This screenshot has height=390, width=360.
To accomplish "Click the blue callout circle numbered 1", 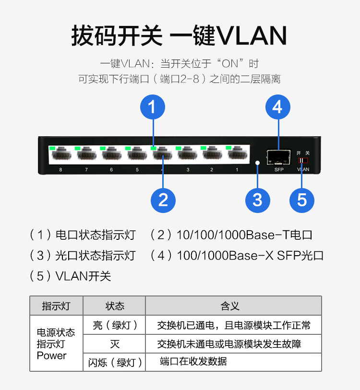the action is [x=153, y=107].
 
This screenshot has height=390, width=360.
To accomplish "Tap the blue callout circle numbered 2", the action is [x=163, y=201].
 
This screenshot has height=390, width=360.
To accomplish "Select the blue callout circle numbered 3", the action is [x=258, y=201].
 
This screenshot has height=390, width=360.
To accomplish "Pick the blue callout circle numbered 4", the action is [x=278, y=107].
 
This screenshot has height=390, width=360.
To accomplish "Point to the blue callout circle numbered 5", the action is [x=302, y=201].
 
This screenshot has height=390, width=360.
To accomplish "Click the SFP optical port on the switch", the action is [x=278, y=157].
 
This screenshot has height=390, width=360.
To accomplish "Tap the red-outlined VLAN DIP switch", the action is [x=303, y=160].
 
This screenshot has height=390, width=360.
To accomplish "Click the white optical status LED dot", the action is [x=258, y=163].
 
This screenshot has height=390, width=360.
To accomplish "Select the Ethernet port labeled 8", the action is [x=61, y=154].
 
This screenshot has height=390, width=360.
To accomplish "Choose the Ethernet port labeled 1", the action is [x=238, y=153].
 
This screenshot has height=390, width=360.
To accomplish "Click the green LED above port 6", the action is [x=103, y=148].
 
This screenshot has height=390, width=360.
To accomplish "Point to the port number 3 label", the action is [x=188, y=170].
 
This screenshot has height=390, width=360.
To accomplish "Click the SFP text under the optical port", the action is [x=279, y=170].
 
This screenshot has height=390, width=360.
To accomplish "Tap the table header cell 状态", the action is [x=115, y=306].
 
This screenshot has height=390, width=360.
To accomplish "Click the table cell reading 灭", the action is [x=115, y=344].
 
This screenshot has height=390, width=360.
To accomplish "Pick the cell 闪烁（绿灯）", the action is [x=115, y=362].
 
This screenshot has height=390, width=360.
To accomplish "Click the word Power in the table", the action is [x=51, y=355].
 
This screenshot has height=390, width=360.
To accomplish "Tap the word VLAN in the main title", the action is [x=252, y=35].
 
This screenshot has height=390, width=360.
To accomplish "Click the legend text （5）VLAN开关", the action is [x=70, y=276].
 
